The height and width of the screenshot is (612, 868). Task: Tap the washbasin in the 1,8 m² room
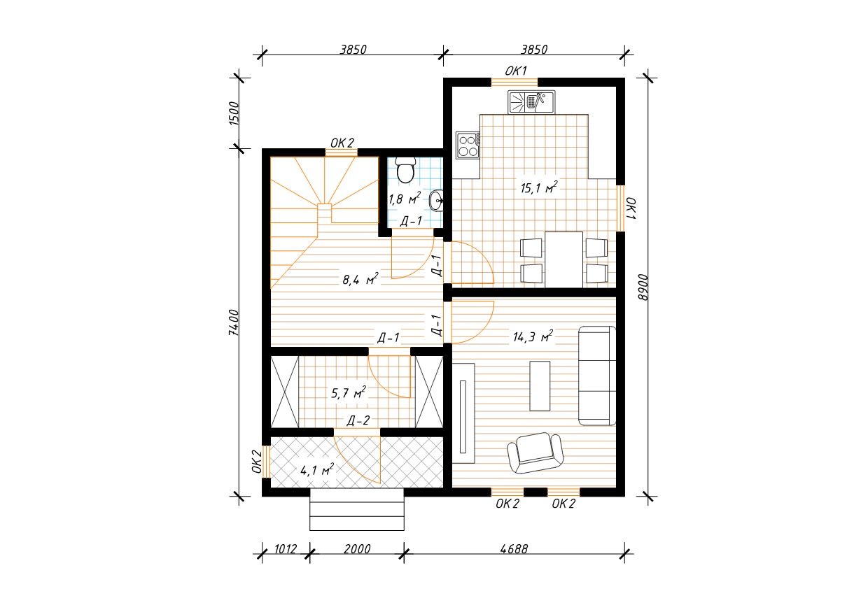[436, 201]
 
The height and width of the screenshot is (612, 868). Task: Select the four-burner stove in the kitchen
[468, 145]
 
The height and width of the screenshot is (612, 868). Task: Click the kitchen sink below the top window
[531, 102]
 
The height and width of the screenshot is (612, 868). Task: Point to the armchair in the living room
[535, 453]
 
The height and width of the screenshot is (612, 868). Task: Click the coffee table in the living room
[540, 386]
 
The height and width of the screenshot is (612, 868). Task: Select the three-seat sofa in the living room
[597, 376]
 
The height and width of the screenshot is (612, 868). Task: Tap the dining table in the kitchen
[563, 259]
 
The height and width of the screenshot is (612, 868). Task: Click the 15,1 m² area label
[539, 187]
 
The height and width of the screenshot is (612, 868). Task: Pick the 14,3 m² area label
[533, 336]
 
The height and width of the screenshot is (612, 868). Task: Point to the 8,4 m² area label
[360, 279]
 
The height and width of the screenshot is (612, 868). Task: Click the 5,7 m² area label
[349, 392]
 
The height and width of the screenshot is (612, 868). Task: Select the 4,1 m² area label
[317, 470]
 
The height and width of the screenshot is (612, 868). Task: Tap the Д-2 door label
[358, 420]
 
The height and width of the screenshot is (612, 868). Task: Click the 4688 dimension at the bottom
[514, 549]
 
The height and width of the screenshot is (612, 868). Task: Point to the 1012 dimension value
[286, 549]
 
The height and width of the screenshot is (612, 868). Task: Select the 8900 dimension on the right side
[643, 287]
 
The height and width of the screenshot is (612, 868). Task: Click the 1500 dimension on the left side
[234, 113]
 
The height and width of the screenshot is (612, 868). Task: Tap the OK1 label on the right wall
[631, 208]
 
